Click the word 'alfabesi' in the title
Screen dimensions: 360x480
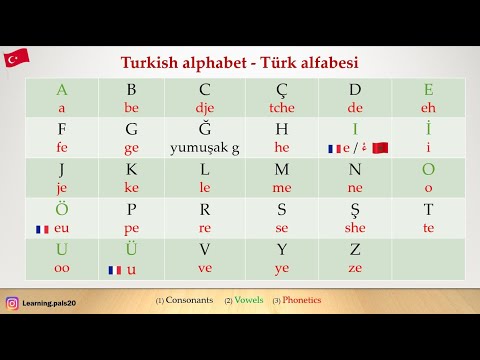pos(324,62)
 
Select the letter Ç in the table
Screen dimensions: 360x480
pos(281,90)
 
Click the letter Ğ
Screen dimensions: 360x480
pos(205,129)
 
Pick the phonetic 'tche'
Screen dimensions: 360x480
pos(281,108)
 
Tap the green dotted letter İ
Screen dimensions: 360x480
pos(429,129)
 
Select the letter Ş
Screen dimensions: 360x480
pos(356,209)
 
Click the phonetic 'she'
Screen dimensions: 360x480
pos(356,227)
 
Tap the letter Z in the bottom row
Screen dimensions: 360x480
pos(356,249)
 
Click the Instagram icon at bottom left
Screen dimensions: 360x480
pos(12,303)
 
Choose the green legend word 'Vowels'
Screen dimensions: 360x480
pos(250,300)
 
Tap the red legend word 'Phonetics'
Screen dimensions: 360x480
pos(302,300)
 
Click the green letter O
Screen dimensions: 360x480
pos(429,169)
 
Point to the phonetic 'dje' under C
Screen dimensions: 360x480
pos(205,108)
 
